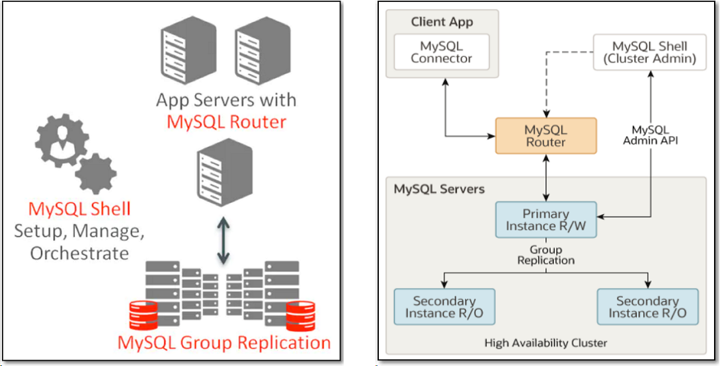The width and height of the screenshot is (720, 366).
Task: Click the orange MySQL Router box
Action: coord(546,136)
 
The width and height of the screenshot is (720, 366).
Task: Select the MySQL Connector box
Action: coord(442,52)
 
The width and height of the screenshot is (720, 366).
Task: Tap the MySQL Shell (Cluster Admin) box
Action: coord(649,52)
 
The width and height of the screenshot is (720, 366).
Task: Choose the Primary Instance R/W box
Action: coord(546,220)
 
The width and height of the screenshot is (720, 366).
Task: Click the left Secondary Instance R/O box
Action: coord(444,307)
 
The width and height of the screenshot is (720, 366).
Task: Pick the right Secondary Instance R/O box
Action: coord(647,307)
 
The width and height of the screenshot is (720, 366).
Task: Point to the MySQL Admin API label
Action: coord(651,135)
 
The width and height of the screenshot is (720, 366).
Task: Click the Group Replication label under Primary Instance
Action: coord(546,255)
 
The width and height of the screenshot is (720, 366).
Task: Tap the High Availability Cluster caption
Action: coord(545,342)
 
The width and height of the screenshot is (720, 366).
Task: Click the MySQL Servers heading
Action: coord(439,189)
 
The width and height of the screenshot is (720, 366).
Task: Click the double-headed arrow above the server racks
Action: coord(223,239)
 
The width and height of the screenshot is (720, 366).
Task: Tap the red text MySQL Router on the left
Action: coord(227,122)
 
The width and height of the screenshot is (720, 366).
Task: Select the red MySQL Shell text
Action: coord(79,209)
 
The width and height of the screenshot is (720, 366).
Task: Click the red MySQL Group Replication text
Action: coord(224,343)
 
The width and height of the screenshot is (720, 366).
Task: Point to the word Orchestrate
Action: coord(79,253)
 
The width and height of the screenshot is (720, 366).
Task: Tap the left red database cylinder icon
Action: coord(143,315)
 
